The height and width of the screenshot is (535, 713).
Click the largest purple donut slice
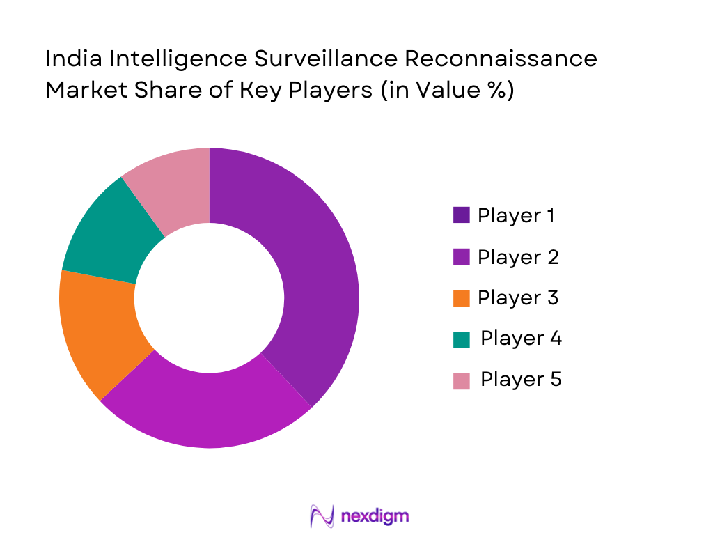tap(313, 272)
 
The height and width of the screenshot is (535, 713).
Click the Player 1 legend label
tap(516, 216)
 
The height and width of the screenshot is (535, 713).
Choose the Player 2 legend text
tap(518, 257)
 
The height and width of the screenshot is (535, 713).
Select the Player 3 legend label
tap(518, 298)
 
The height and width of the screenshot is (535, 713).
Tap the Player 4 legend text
tap(521, 339)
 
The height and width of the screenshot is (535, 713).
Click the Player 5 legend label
tap(521, 380)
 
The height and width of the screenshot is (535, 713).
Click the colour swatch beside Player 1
tap(461, 216)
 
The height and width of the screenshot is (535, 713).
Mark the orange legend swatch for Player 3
tap(461, 298)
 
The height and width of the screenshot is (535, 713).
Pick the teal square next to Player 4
tap(461, 339)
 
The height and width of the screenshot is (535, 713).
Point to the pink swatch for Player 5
tap(461, 380)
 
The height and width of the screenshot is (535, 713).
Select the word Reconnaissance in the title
tap(501, 59)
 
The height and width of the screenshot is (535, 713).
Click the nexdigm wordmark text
tap(375, 515)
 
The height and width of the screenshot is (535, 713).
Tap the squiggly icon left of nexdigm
tap(322, 515)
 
